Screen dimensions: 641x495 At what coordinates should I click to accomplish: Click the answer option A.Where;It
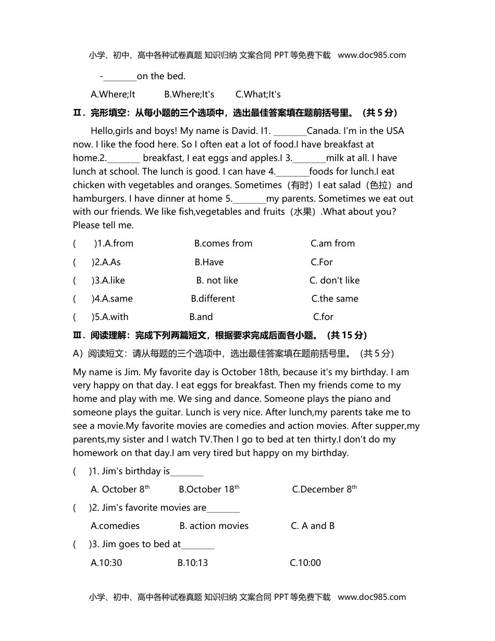coord(113,94)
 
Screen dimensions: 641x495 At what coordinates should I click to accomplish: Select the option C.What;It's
coord(258,94)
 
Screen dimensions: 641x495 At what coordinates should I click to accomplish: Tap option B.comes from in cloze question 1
coord(223,243)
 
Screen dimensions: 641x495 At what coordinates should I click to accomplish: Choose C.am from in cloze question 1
coord(332,243)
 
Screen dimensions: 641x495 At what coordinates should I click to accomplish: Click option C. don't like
coord(335,280)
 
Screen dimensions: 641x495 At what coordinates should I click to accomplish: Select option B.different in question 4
coord(213,299)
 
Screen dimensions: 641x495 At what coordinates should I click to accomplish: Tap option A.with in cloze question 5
coord(110,317)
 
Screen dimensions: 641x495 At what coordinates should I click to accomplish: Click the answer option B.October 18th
coord(209,489)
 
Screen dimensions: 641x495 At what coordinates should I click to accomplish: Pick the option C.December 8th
coord(324,489)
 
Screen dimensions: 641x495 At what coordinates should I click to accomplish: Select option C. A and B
coord(313,526)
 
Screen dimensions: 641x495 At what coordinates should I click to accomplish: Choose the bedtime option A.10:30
coord(106,563)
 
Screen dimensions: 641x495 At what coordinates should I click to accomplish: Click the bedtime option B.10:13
coord(192,563)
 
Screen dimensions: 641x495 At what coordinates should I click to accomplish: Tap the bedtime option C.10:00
coord(305,563)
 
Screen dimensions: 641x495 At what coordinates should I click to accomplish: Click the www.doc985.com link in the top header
coord(372,55)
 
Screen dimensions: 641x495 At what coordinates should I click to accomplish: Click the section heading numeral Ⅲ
coord(77,336)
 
